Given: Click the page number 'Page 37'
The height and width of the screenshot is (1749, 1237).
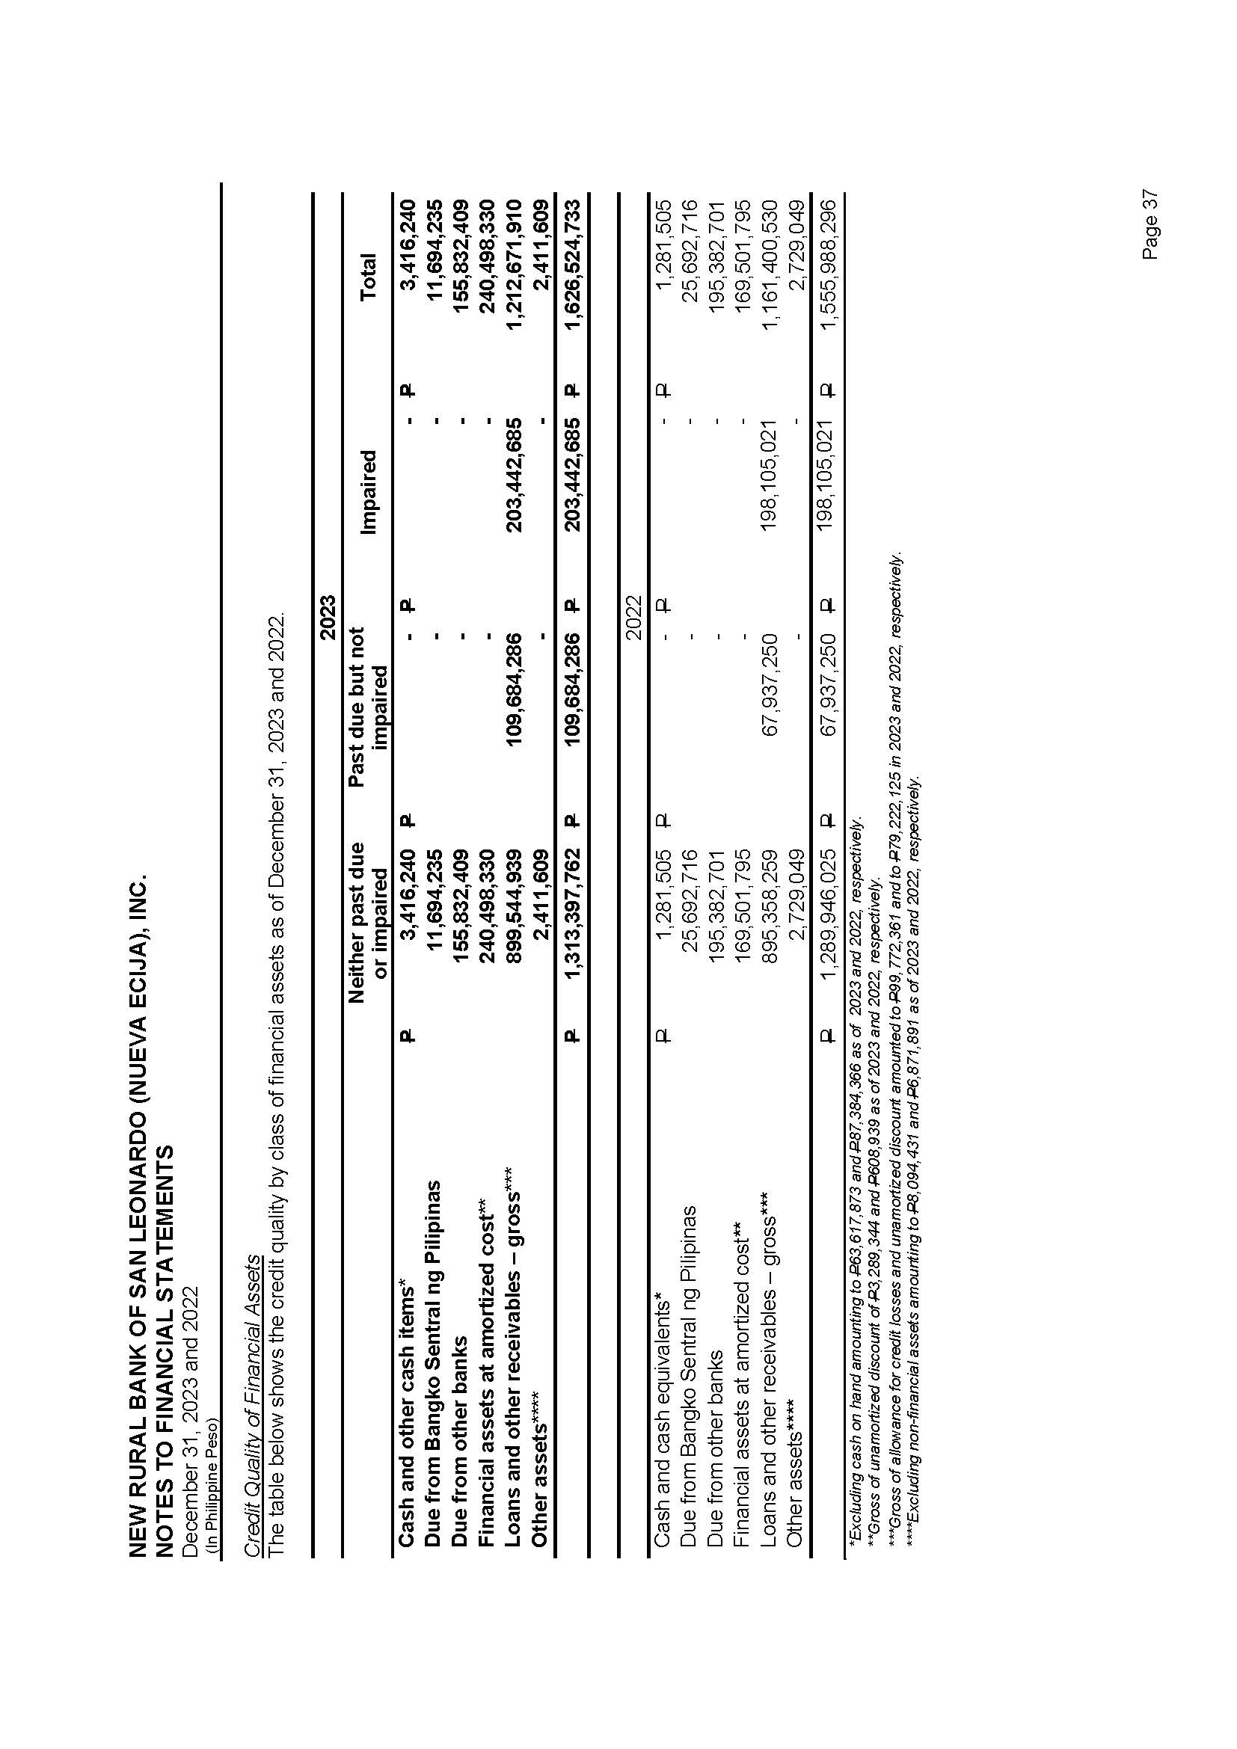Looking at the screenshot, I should click(1150, 225).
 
